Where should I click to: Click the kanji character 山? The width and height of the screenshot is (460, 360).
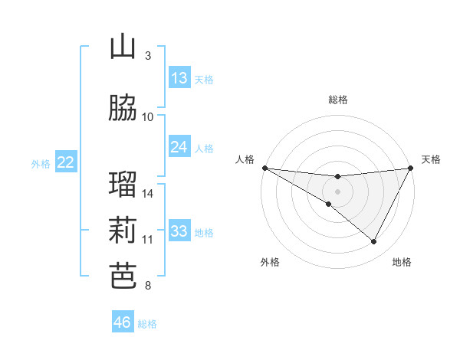coord(123,47)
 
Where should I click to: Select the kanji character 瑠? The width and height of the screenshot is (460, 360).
coord(123,184)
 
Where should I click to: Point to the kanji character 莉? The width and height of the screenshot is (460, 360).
coord(123,230)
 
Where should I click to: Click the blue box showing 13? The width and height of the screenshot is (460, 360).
coord(179,78)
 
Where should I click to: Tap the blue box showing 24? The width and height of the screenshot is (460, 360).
coord(179,147)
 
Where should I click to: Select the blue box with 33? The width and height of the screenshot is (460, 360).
coord(179,231)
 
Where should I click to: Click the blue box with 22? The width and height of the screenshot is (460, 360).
coord(66,162)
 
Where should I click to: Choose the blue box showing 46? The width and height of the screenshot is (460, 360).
coord(123,322)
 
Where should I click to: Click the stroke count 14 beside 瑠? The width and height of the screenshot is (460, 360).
coord(148,193)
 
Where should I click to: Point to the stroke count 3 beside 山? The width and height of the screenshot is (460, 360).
coord(148,56)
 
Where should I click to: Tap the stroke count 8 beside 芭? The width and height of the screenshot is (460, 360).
coord(148,286)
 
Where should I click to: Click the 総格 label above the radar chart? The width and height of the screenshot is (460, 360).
coord(338,100)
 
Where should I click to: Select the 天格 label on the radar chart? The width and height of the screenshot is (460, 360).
coord(431,159)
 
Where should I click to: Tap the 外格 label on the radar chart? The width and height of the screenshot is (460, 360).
coord(270,262)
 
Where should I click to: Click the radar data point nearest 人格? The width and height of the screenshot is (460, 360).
coord(264,168)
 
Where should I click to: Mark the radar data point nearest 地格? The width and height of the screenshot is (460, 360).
coord(374,242)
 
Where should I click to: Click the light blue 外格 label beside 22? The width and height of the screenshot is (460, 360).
coord(41,163)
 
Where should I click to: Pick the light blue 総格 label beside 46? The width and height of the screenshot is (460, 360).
coord(147,324)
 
